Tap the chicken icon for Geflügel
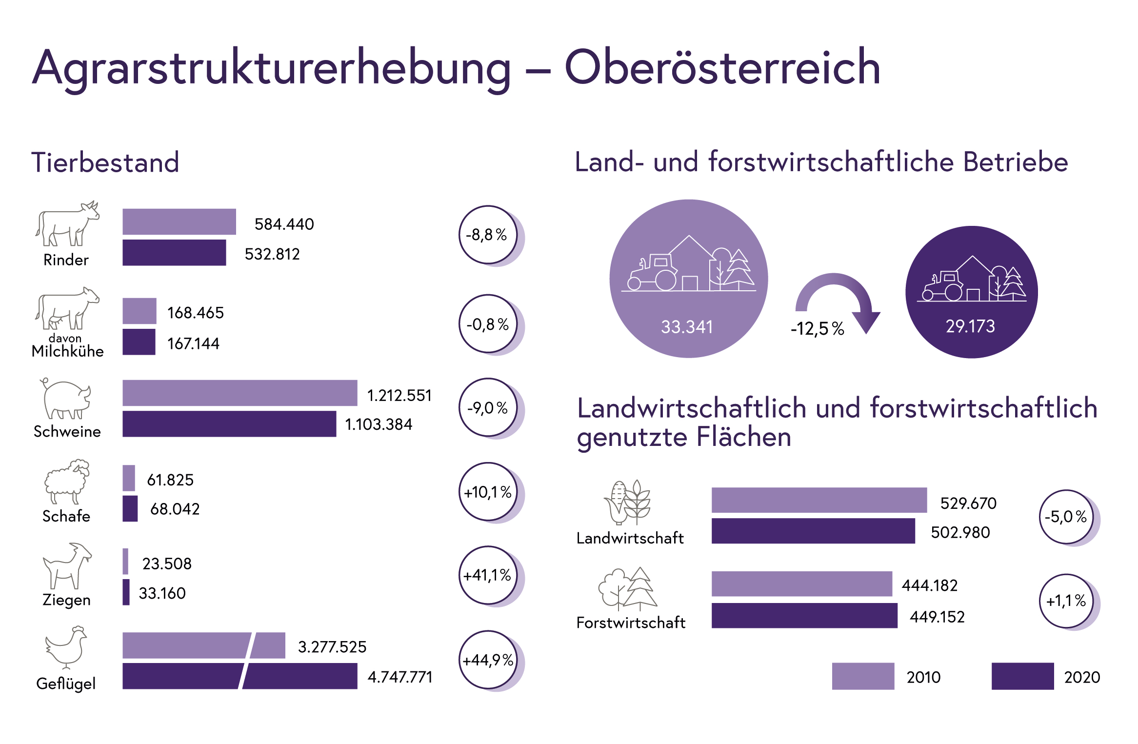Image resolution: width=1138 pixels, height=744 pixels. tap(66, 647)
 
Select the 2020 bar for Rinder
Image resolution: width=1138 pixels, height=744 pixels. tap(174, 253)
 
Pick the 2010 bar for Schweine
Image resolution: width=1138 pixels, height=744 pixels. tap(240, 393)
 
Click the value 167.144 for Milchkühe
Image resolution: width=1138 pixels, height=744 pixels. tap(193, 343)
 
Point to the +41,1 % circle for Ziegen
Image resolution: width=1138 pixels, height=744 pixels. tap(488, 575)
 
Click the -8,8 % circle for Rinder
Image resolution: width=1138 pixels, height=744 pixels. tap(488, 235)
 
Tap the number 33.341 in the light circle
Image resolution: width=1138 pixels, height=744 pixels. tap(687, 326)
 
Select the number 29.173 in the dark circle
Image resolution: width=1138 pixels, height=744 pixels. tap(970, 326)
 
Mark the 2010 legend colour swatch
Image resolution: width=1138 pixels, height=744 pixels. tap(863, 676)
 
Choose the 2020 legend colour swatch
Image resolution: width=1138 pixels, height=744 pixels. tap(1022, 676)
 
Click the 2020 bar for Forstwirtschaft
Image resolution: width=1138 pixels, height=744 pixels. tap(804, 616)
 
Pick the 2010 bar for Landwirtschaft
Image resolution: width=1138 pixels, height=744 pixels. tap(819, 500)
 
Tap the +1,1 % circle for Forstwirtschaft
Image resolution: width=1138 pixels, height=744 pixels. tap(1066, 601)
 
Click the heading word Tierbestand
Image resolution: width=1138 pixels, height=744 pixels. tap(105, 162)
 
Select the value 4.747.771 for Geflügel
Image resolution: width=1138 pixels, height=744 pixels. tap(400, 677)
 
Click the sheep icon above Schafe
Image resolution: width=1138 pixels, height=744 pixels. tap(67, 481)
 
